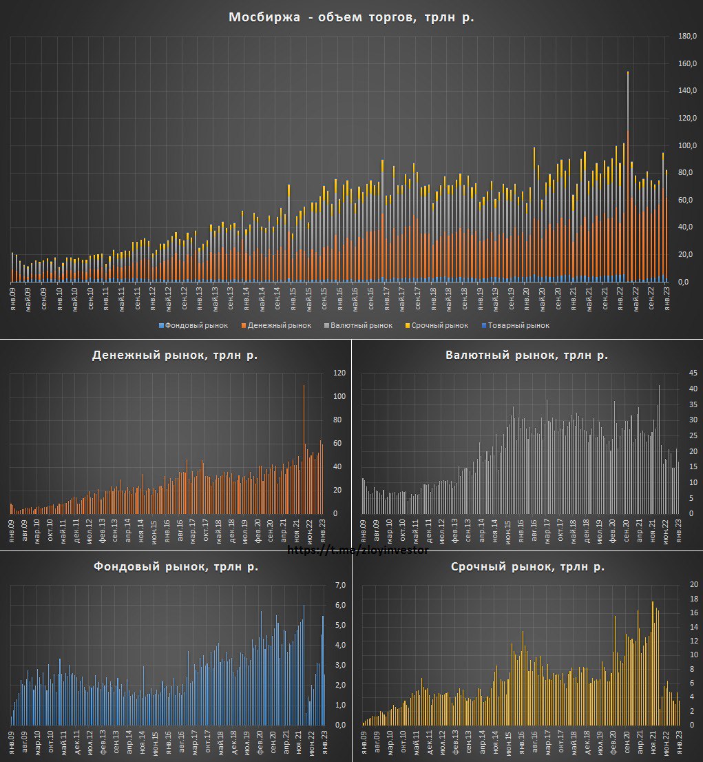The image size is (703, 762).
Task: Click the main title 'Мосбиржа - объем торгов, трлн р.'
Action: click(x=351, y=18)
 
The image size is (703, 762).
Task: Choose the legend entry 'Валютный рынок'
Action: click(x=361, y=325)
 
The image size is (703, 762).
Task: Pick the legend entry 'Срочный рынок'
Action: click(x=441, y=325)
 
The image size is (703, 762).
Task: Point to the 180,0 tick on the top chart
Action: click(x=688, y=36)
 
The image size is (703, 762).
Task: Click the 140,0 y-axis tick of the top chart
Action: click(x=688, y=90)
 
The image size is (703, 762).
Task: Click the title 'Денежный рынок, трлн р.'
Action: click(x=175, y=356)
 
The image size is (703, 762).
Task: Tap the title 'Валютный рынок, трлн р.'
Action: click(x=526, y=356)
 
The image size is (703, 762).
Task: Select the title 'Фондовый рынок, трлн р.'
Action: click(x=175, y=567)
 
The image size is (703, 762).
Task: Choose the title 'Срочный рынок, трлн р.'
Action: click(x=527, y=567)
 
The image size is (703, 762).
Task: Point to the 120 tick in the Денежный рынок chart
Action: click(x=338, y=373)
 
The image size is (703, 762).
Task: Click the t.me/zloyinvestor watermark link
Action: click(x=357, y=550)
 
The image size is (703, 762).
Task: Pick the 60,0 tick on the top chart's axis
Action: click(x=688, y=200)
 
